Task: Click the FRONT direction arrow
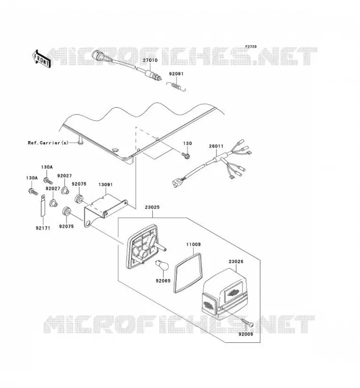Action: pyautogui.click(x=41, y=59)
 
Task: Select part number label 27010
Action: pyautogui.click(x=150, y=60)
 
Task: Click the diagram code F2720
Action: pyautogui.click(x=251, y=47)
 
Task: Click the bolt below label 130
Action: pyautogui.click(x=185, y=155)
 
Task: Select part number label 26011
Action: pyautogui.click(x=216, y=146)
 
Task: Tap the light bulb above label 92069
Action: pyautogui.click(x=162, y=265)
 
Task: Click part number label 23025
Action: pyautogui.click(x=152, y=208)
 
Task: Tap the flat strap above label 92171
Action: pyautogui.click(x=43, y=206)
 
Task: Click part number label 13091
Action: pyautogui.click(x=105, y=185)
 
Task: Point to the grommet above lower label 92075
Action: pyautogui.click(x=66, y=211)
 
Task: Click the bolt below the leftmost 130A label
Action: pyautogui.click(x=33, y=192)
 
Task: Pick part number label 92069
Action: pyautogui.click(x=163, y=281)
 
